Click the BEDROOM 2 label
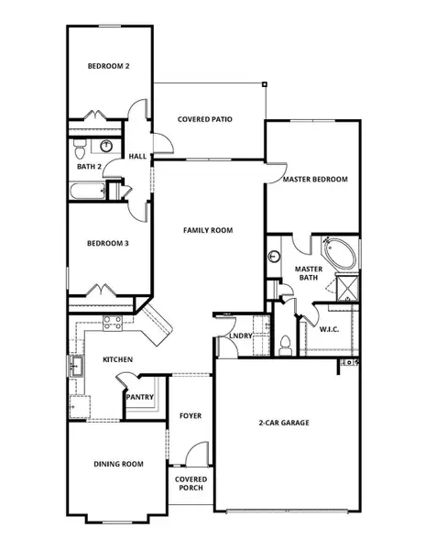click(107, 66)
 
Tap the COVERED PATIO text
click(203, 119)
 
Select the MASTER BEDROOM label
click(315, 180)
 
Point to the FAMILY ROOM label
click(208, 230)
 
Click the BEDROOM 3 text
click(107, 244)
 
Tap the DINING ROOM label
click(119, 465)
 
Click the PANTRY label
click(140, 397)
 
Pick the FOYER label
click(191, 416)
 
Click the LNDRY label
click(241, 336)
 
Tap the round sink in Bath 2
click(107, 146)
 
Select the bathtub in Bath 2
click(88, 192)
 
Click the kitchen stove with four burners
click(113, 323)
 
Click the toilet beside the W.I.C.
click(285, 346)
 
